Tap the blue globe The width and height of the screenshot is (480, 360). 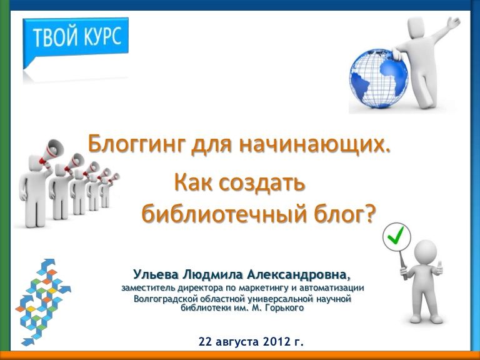379,78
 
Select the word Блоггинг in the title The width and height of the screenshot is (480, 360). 137,144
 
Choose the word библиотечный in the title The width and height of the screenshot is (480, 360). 224,214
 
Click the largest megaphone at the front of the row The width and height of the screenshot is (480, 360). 51,150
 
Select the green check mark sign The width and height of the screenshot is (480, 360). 397,236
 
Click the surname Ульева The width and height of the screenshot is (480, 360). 156,274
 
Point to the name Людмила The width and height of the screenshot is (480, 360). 213,274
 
